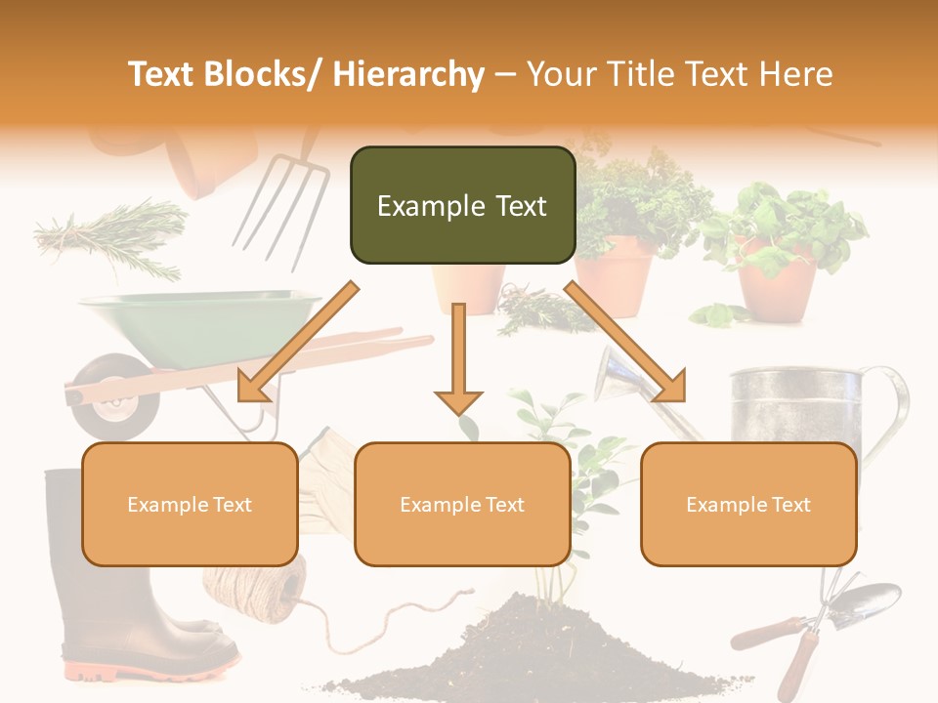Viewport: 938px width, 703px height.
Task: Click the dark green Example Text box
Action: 462,205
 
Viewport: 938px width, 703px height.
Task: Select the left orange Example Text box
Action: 190,504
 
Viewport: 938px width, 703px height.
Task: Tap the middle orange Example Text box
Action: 462,504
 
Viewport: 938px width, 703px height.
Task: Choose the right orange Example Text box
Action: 748,504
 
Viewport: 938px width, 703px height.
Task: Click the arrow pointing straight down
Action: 458,361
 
